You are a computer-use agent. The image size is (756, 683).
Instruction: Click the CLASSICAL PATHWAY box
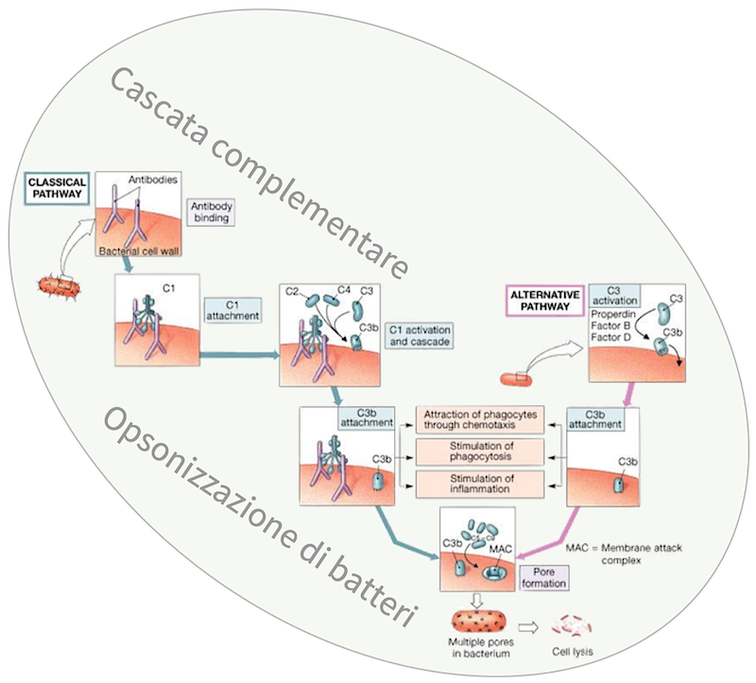(57, 187)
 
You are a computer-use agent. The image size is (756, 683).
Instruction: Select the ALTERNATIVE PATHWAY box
(543, 299)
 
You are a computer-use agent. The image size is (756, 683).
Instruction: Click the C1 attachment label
(232, 311)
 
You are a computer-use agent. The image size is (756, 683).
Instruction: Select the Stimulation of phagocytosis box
(481, 452)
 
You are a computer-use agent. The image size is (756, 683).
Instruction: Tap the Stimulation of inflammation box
(481, 484)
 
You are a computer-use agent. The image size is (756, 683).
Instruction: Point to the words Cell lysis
(575, 652)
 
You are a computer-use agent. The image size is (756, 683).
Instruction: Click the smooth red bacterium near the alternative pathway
(517, 379)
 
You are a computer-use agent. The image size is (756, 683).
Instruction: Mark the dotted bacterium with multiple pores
(478, 623)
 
